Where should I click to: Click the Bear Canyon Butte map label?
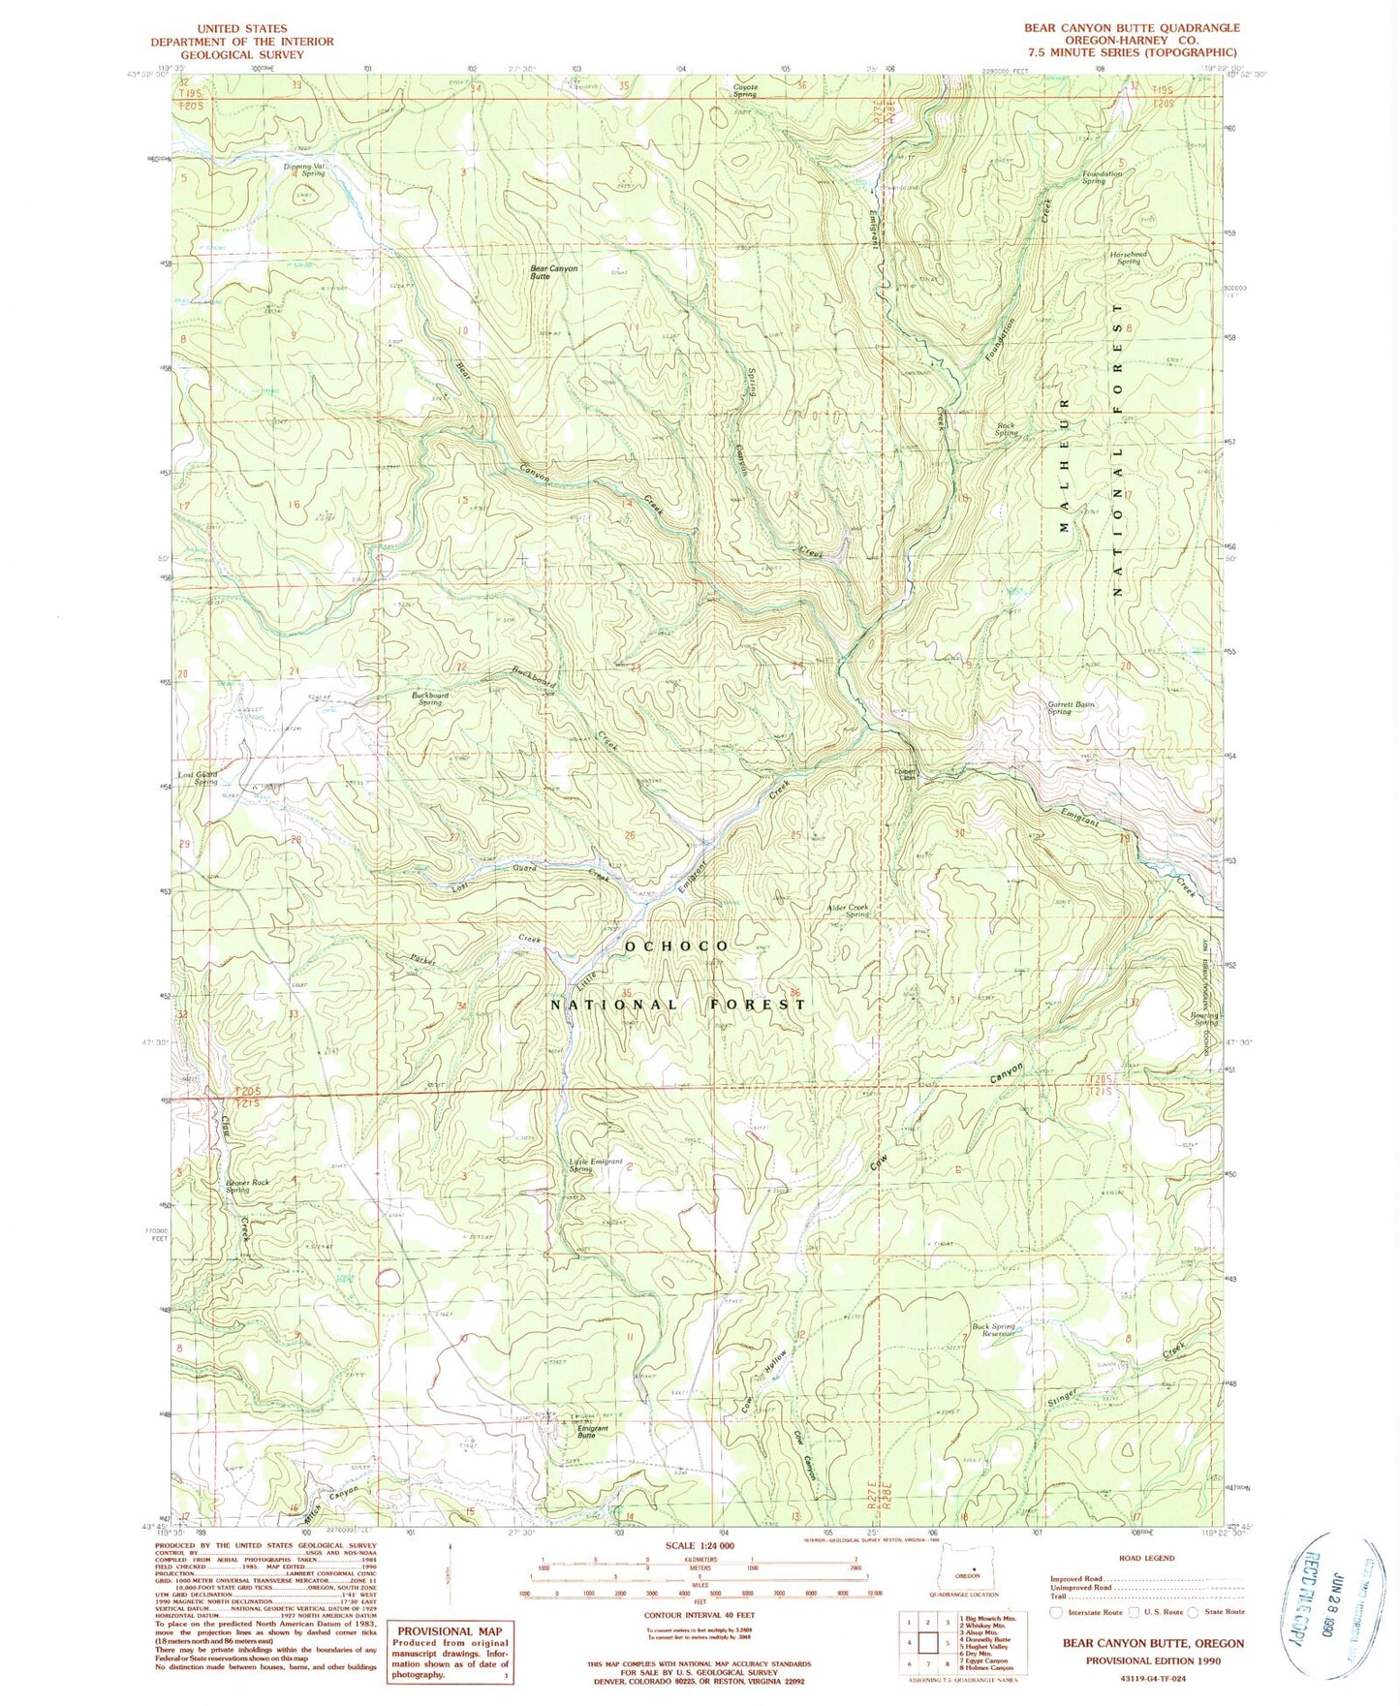pos(553,272)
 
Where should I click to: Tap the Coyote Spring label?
pos(744,90)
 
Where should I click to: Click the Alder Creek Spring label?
pos(847,911)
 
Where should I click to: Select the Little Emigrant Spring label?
pos(595,1164)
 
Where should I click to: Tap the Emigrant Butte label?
pos(592,1432)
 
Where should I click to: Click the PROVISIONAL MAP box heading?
pos(451,1603)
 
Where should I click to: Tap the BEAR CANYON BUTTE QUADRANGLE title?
pos(1131,28)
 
